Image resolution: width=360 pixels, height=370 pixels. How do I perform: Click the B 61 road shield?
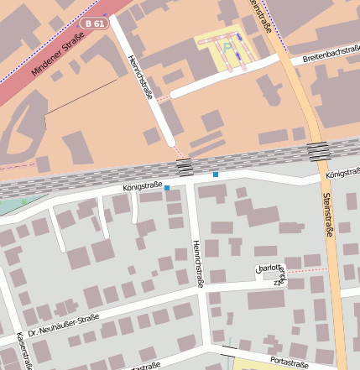[x=96, y=24]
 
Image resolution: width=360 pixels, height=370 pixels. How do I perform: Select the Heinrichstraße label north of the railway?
[x=138, y=78]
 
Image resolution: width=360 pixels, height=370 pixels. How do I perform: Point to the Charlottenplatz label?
[x=270, y=273]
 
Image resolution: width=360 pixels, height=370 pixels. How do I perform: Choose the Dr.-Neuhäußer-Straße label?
[x=63, y=326]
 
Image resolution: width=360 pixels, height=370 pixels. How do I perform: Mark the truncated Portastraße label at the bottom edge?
[x=140, y=367]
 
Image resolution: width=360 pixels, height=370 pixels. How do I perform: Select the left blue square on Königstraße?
[x=167, y=187]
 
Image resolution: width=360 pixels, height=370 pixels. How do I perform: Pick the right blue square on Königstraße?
[x=216, y=174]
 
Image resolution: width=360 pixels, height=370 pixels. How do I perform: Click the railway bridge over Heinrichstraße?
[x=185, y=165]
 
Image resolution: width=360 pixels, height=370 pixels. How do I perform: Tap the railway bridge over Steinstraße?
[x=318, y=151]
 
